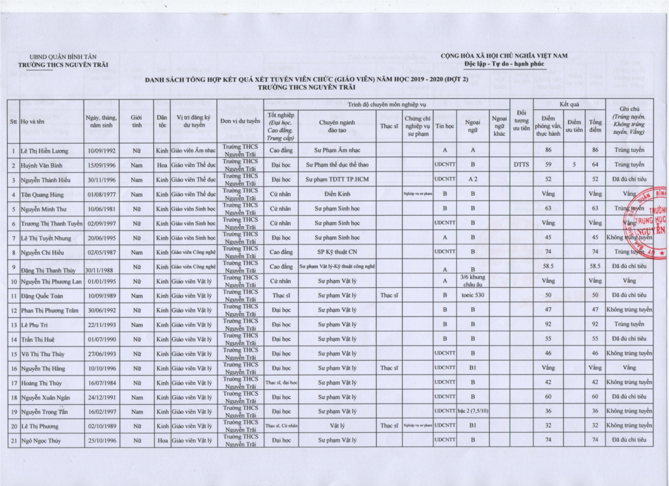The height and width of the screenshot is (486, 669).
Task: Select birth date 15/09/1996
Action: click(101, 165)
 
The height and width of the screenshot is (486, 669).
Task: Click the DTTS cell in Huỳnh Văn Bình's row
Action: click(521, 165)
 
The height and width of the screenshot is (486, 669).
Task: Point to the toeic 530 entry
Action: click(472, 295)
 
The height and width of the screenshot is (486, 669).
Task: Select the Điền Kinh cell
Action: click(336, 194)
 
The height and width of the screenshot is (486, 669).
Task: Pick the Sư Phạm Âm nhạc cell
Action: click(336, 151)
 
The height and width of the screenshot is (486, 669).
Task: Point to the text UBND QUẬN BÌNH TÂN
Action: click(64, 56)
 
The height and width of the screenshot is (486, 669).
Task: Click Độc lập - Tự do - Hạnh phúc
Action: click(505, 65)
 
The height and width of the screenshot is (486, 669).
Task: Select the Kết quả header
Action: click(568, 104)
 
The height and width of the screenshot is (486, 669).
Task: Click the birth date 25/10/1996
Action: click(101, 440)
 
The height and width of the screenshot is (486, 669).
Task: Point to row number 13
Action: click(13, 324)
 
